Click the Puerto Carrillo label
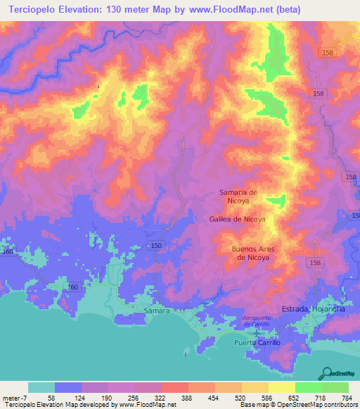click(x=257, y=342)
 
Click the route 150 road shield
click(x=156, y=245)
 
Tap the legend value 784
click(x=347, y=398)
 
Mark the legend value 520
click(x=240, y=398)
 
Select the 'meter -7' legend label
click(x=15, y=398)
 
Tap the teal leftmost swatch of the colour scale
click(x=41, y=387)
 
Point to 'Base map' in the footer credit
click(x=255, y=405)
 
